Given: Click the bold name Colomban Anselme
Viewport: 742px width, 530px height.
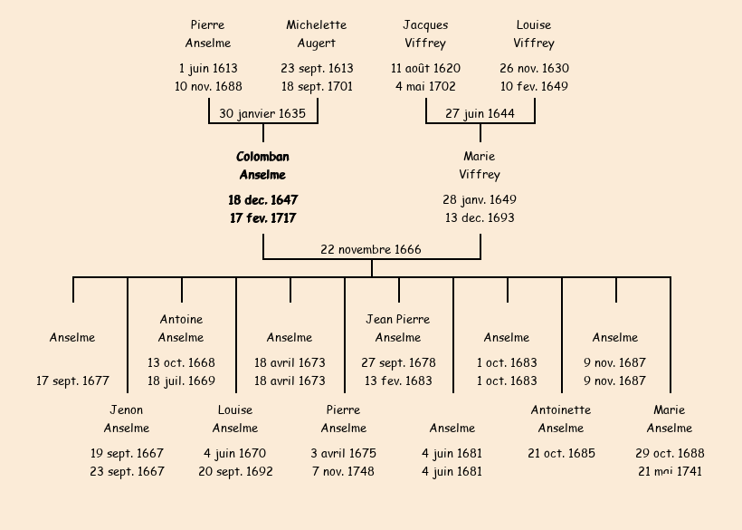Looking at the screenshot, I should click(x=262, y=166).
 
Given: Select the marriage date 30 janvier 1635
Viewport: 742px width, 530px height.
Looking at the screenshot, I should click(x=262, y=114).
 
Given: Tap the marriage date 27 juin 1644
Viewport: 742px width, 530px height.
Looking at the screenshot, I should click(x=480, y=114).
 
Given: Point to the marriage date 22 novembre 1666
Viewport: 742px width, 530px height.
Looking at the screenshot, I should click(x=371, y=250).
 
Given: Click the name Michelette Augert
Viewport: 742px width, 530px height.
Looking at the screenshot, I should click(x=317, y=34).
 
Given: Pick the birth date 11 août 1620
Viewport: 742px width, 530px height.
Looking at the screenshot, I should click(x=425, y=69).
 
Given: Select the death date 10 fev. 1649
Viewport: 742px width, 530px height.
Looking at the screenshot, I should click(x=534, y=87).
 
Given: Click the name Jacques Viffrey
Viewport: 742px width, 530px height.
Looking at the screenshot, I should click(x=425, y=34).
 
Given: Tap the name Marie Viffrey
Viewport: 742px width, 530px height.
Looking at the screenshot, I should click(x=480, y=166).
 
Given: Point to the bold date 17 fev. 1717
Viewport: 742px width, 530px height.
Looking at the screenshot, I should click(x=262, y=218).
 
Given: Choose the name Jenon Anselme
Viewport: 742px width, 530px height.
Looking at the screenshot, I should click(x=127, y=419).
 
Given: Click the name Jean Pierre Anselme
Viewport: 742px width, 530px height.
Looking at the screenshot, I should click(x=398, y=329).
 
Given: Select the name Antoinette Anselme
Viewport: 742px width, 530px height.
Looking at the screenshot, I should click(x=561, y=419).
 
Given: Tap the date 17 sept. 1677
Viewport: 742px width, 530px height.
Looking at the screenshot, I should click(x=72, y=381).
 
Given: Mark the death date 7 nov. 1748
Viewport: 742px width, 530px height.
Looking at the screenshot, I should click(x=344, y=472).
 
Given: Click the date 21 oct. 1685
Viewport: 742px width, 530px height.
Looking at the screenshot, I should click(x=561, y=454).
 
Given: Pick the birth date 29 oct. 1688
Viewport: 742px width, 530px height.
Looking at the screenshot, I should click(x=670, y=454).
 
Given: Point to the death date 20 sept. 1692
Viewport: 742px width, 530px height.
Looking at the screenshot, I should click(x=235, y=472).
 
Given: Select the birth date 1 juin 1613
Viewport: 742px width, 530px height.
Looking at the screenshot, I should click(x=208, y=69).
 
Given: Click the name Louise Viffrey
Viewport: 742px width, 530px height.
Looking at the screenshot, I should click(x=534, y=34).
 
